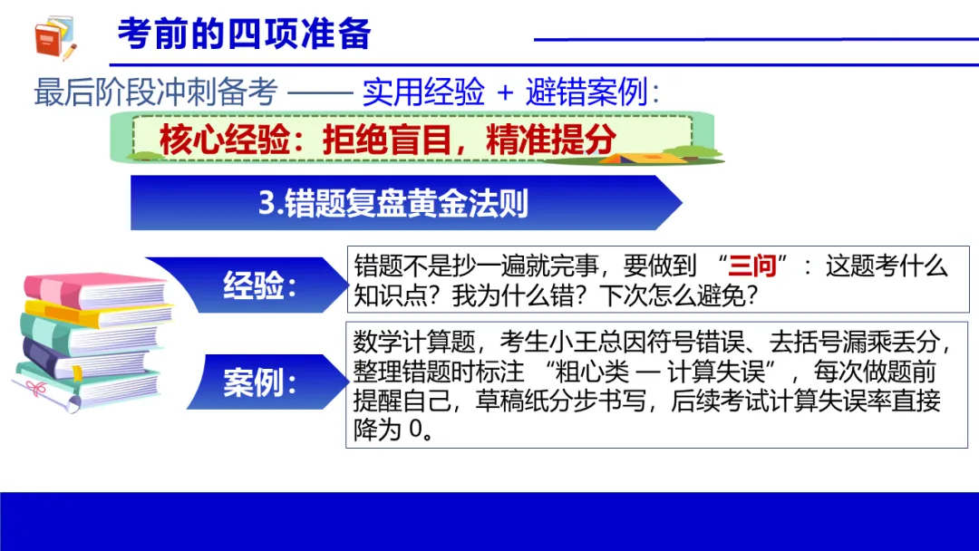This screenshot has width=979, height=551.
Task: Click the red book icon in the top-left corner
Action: [55, 38]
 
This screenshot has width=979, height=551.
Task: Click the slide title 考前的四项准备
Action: [244, 34]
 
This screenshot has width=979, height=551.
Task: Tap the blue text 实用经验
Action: [423, 92]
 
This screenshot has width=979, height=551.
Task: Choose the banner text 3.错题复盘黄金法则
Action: [393, 203]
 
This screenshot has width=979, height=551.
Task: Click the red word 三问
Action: [752, 266]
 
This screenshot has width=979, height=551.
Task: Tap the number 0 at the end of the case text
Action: [414, 430]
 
